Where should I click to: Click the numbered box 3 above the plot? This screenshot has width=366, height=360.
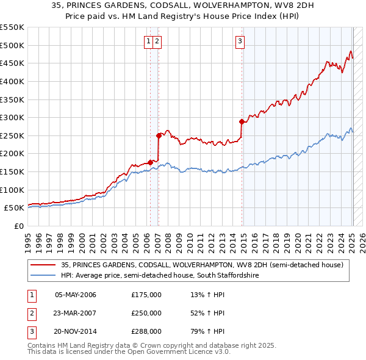tap(240, 41)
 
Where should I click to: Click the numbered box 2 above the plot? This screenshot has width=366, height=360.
tap(157, 41)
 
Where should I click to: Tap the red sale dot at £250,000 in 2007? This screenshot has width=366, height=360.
tap(159, 135)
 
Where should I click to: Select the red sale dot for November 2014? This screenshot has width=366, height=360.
tap(242, 121)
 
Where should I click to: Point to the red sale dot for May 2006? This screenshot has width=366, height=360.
tap(149, 162)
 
